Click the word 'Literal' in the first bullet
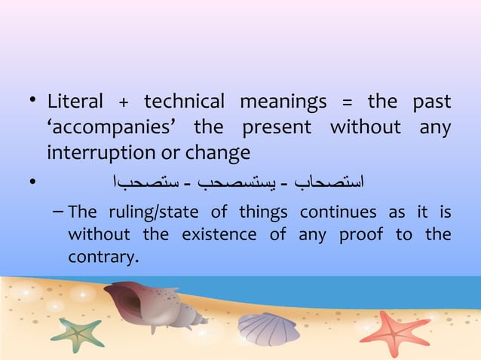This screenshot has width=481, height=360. coord(73,102)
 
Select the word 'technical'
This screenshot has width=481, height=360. coord(184,102)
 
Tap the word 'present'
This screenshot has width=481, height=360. coord(277,128)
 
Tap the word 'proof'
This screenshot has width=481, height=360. coord(361,234)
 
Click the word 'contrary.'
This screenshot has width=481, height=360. coord(103,258)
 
